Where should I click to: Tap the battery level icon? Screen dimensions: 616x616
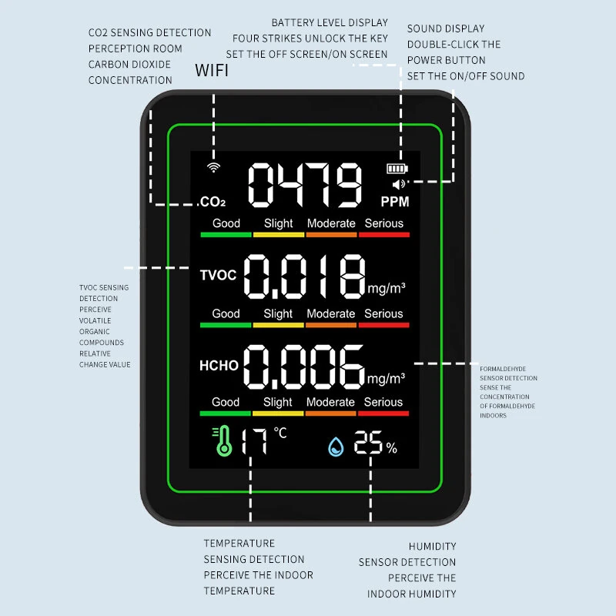tap(398, 169)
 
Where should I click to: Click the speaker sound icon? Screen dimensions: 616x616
tap(398, 184)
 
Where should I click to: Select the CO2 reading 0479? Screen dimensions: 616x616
tap(304, 185)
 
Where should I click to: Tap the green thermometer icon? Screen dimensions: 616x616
tap(223, 440)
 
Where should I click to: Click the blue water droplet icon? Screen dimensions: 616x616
tap(336, 445)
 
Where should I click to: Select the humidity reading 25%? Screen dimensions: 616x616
tap(375, 444)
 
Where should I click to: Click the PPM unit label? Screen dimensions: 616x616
tap(395, 202)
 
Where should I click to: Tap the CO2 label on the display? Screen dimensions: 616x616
tap(213, 203)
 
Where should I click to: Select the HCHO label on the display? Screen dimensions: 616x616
tap(219, 366)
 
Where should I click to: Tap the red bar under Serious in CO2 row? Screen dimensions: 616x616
tap(383, 234)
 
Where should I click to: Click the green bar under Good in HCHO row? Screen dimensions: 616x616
tap(226, 413)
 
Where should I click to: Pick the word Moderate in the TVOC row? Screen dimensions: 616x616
tap(331, 314)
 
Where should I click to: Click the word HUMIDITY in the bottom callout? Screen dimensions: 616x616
tap(432, 546)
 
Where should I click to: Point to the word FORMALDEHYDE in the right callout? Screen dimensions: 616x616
tap(502, 369)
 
